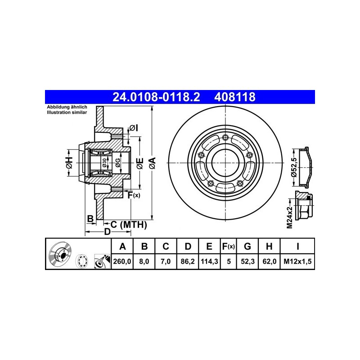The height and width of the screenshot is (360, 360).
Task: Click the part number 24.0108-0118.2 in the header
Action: point(156,97)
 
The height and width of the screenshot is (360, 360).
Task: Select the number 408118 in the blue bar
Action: point(234,97)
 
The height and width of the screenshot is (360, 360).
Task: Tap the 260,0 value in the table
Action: point(122,261)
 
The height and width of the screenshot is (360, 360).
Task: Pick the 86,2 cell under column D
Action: point(188,261)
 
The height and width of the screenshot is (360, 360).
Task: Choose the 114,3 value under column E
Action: point(209,261)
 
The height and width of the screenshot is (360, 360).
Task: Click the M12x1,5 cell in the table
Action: point(297,261)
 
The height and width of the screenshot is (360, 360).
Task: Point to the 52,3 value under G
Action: point(247,261)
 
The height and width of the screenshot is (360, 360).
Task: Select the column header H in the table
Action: point(269,246)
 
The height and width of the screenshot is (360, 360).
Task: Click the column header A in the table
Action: point(122,246)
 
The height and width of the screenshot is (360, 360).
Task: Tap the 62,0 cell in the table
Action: point(269,261)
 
